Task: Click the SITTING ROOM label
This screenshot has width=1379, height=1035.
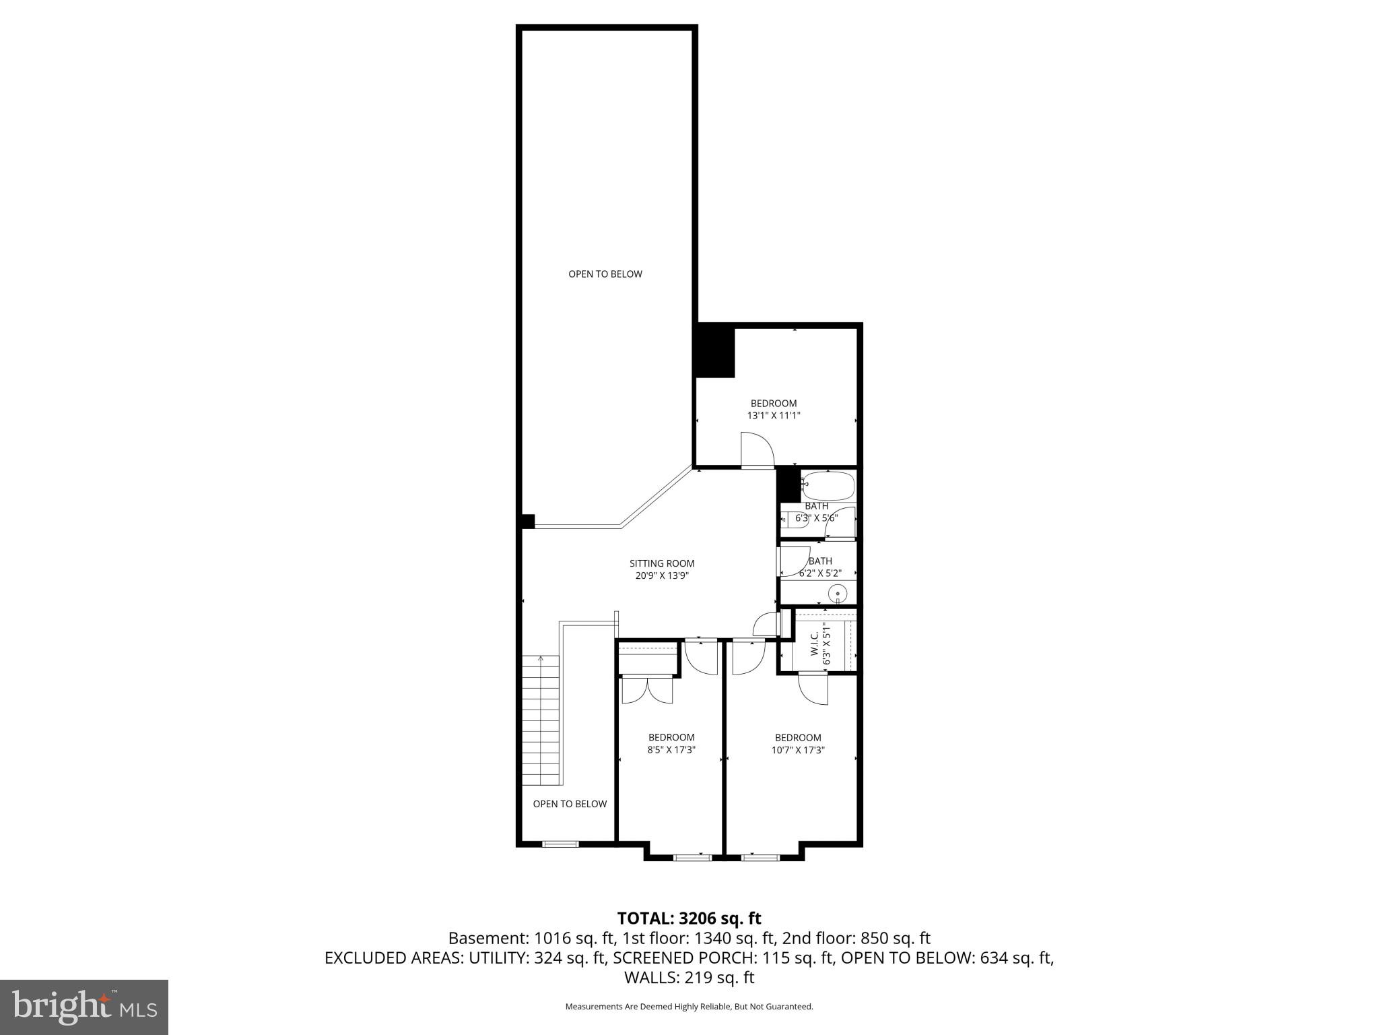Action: tap(661, 563)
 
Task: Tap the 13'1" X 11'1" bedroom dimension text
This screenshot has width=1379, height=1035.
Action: tap(774, 416)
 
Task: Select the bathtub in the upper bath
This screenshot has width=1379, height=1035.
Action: tap(828, 485)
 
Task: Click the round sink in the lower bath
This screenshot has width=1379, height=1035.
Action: tap(837, 594)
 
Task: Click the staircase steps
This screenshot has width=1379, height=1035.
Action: tap(541, 720)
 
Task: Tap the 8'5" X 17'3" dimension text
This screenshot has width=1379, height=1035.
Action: tap(671, 749)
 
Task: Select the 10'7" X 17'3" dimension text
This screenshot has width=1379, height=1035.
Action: tap(798, 749)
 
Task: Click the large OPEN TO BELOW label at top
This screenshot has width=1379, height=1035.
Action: tap(605, 274)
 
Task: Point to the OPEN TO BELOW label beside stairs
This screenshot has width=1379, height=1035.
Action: tap(570, 804)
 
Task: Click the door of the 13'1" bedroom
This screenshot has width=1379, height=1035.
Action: tap(758, 449)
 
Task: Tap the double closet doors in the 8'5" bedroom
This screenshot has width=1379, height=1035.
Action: tap(647, 690)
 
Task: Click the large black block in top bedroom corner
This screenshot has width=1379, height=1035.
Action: tap(714, 351)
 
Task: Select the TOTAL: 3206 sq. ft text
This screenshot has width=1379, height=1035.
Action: tap(689, 918)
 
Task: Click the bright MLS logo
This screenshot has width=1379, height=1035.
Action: tap(83, 1007)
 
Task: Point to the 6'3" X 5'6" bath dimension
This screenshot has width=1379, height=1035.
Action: tap(816, 518)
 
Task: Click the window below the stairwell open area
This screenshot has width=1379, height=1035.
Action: tap(560, 844)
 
